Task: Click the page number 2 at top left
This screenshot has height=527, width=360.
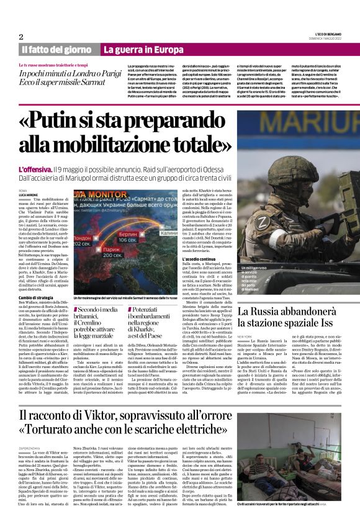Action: coord(21,37)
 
